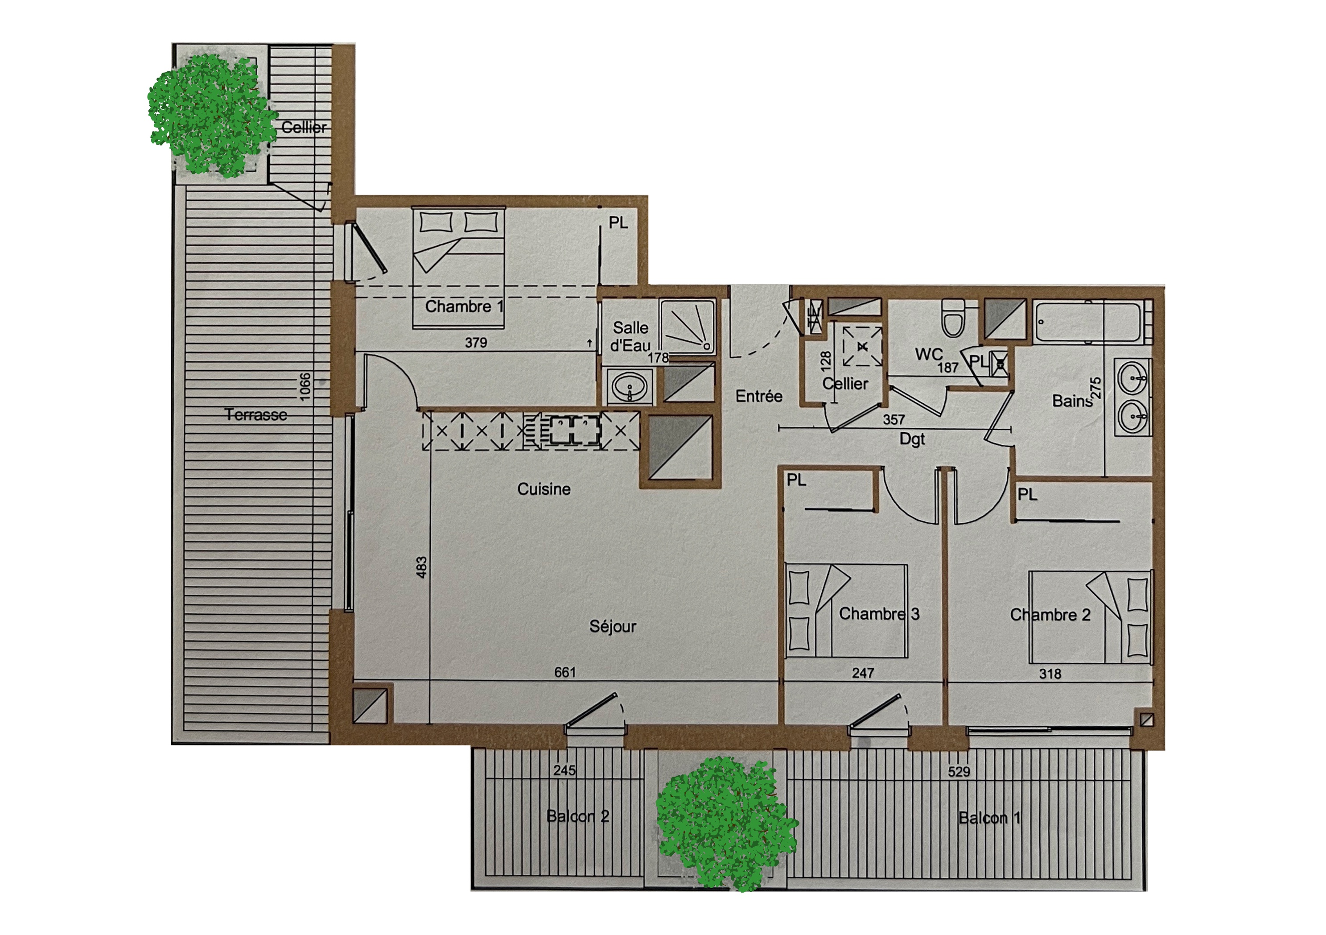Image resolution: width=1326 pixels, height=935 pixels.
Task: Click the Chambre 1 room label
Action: [464, 306]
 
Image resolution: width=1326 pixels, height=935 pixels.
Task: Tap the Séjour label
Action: [613, 626]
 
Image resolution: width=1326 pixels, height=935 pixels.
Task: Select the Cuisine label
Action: [544, 489]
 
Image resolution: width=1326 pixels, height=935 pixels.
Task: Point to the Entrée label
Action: [759, 397]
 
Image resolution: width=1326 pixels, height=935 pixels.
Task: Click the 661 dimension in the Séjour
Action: [565, 672]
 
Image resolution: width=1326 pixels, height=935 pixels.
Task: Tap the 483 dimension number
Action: [422, 567]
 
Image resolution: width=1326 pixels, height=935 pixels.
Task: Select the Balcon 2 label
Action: [577, 816]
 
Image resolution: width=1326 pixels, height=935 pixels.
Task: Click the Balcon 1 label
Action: [989, 818]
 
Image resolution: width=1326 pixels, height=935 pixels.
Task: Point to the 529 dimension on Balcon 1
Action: [959, 771]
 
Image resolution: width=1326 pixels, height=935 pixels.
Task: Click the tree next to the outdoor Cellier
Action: [211, 116]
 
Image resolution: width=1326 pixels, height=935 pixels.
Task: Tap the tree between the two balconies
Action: [726, 823]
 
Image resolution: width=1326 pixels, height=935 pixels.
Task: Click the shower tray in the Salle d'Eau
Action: [687, 327]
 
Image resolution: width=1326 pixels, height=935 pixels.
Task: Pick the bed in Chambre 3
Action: [846, 611]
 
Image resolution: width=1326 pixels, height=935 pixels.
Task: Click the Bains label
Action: [1072, 401]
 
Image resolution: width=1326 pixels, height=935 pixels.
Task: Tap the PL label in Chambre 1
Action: [618, 223]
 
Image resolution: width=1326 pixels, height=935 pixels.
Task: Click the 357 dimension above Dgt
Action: [894, 419]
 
